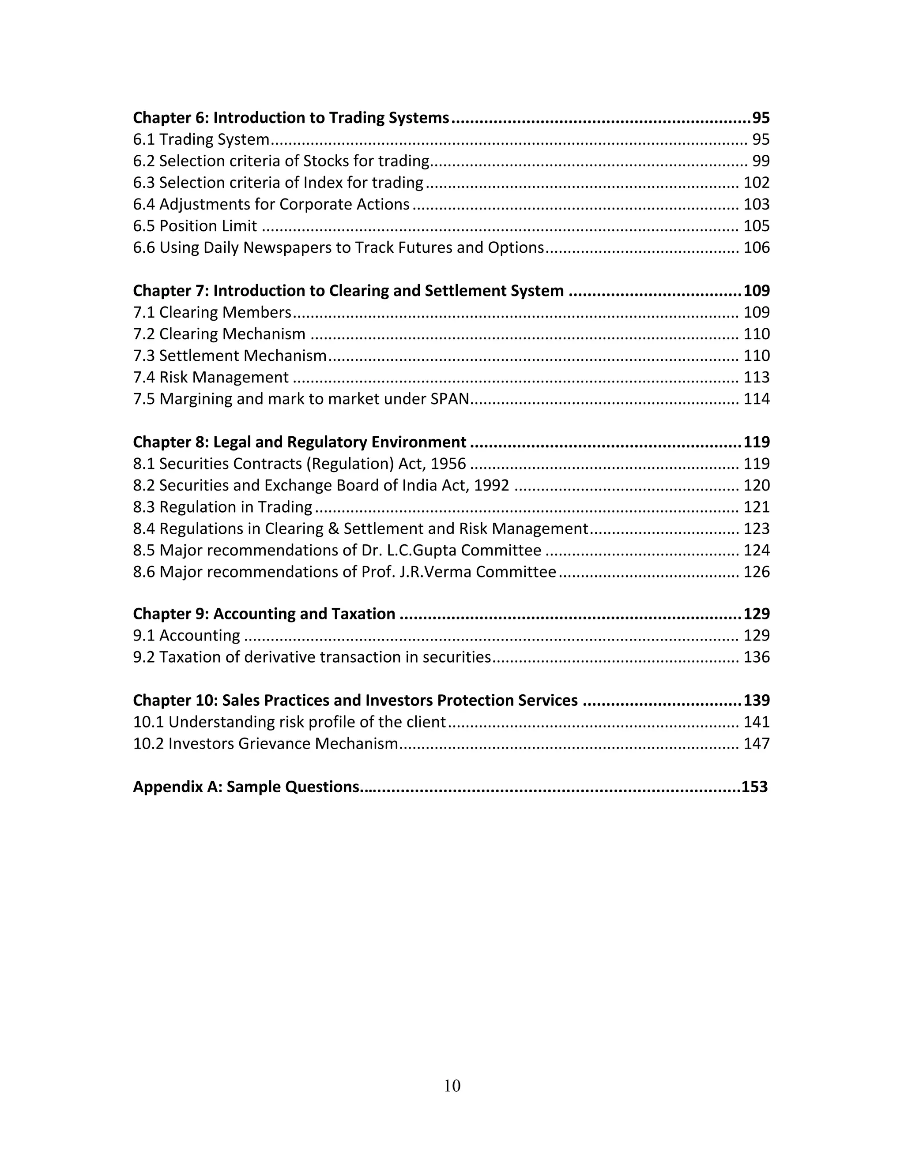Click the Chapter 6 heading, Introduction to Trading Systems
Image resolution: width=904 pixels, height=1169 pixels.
point(291,118)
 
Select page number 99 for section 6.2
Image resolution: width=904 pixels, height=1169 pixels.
point(761,161)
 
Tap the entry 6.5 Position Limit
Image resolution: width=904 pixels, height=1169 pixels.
point(195,226)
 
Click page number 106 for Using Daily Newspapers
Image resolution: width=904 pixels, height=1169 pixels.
point(756,248)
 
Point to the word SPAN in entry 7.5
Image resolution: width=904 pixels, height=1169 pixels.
point(450,399)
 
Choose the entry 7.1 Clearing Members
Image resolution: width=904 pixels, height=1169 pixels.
point(212,313)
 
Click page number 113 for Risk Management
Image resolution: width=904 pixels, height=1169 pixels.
point(756,377)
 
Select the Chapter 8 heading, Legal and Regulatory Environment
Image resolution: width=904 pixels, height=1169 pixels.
point(299,442)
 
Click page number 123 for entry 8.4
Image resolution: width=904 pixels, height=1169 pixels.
point(756,529)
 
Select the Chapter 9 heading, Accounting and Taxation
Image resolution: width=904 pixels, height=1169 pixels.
point(264,614)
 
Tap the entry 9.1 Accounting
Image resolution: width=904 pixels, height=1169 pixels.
point(186,636)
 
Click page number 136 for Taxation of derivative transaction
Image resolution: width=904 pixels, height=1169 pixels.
point(756,657)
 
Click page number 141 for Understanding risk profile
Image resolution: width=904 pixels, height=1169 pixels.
point(756,723)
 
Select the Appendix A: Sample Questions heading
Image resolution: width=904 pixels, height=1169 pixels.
point(246,787)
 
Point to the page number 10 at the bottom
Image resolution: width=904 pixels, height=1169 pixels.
point(452,1086)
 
